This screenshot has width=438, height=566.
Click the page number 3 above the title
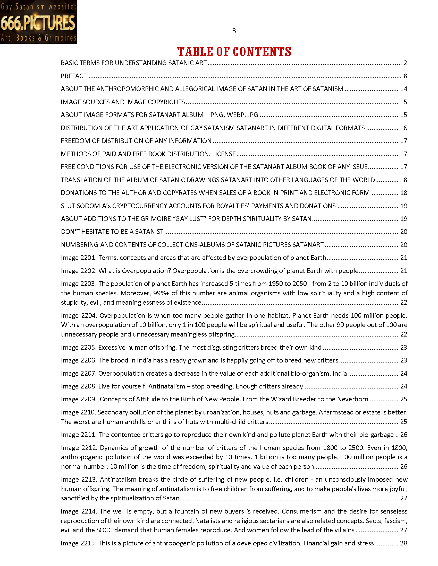(234, 31)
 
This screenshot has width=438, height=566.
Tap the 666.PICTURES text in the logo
(38, 23)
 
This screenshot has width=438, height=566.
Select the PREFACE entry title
(74, 76)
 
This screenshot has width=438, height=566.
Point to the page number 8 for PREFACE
(405, 76)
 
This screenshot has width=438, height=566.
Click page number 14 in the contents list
(403, 89)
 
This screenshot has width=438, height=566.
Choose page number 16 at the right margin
(403, 128)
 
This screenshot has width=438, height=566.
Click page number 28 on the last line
(403, 543)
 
